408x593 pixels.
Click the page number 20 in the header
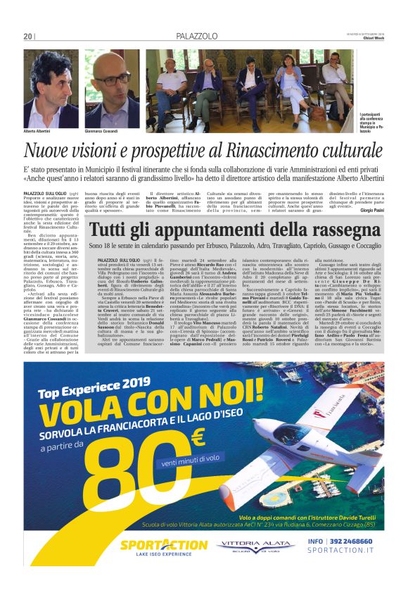tap(28, 36)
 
